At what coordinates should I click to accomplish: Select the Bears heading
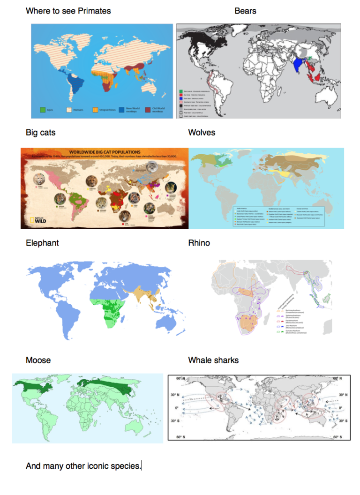(245, 10)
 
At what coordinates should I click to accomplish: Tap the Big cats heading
(40, 133)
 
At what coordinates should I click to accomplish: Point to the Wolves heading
(202, 133)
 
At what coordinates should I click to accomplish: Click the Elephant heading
(42, 243)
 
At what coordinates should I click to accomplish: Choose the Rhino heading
(199, 243)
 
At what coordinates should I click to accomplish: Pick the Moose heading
(38, 360)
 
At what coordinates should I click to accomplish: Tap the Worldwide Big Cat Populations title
(104, 152)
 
